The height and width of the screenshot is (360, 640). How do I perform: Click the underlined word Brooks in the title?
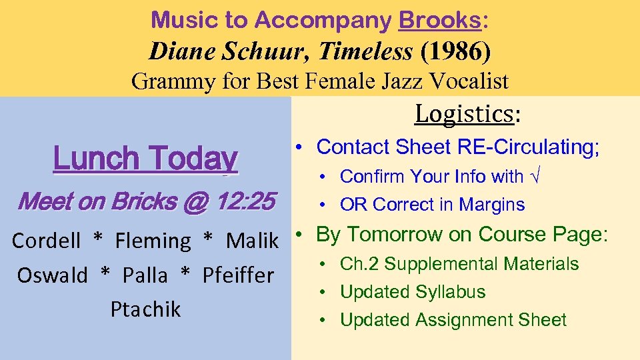[439, 20]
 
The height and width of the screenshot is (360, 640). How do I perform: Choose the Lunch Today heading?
[145, 159]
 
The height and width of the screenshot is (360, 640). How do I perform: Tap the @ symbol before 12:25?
[196, 202]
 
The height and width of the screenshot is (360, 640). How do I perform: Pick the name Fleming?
[153, 241]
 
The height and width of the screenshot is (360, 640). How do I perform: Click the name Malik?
[252, 241]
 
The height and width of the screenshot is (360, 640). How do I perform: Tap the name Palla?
[146, 275]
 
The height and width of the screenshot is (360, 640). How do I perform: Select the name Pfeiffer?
[238, 275]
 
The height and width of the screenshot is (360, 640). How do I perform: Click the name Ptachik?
[145, 309]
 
